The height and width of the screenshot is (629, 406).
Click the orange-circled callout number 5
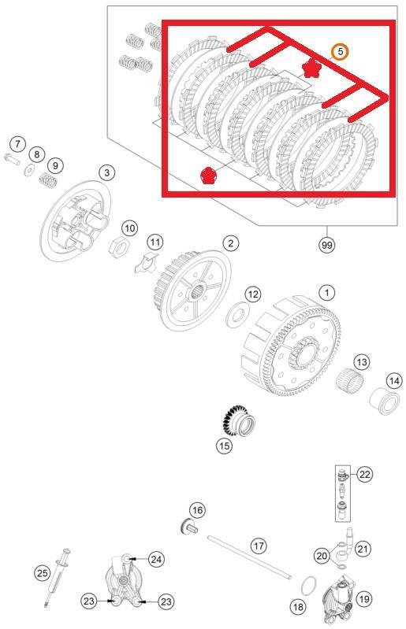point(339,51)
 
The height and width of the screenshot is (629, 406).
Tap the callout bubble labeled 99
point(326,245)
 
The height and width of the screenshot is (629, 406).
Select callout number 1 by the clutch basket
point(326,292)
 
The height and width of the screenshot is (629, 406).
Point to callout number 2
point(229,243)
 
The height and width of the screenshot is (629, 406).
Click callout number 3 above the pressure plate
point(106,172)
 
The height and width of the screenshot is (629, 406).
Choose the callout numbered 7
point(17,144)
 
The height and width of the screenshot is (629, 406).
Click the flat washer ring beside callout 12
point(235,317)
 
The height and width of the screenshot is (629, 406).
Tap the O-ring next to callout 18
point(311,585)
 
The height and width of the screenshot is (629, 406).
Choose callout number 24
point(156,559)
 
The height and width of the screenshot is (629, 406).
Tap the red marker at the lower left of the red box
point(208,174)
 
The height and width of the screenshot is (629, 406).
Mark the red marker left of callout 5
point(311,68)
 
